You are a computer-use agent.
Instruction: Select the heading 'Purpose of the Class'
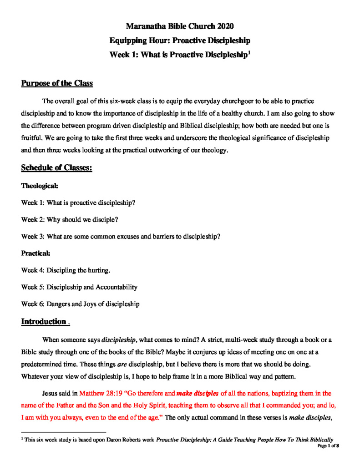pos(57,83)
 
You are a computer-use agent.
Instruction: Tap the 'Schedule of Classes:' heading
pos(57,168)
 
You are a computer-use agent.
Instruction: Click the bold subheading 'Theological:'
pos(39,186)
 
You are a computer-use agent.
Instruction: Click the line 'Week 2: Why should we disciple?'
pos(70,219)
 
